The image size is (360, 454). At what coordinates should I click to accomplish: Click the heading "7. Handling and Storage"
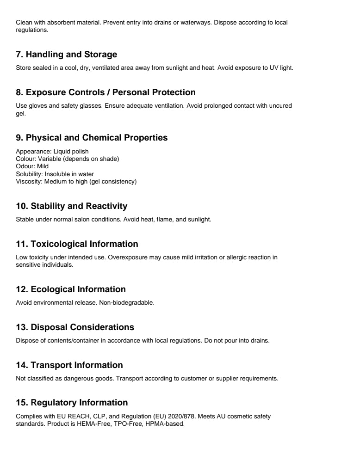(67, 55)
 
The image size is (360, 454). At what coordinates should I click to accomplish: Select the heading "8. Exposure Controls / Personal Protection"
(106, 92)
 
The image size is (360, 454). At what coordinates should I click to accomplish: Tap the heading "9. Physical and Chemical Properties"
(92, 138)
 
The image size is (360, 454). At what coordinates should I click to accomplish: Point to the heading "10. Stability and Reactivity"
(71, 206)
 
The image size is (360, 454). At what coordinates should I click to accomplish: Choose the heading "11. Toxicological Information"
(77, 244)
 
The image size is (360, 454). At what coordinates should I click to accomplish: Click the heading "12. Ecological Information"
(71, 289)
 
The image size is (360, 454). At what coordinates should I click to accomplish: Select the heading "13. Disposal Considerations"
(75, 327)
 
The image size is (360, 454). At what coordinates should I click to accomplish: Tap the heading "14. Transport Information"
(69, 365)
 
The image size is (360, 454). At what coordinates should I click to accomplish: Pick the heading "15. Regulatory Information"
(72, 403)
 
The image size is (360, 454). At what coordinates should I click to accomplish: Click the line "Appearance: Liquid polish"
(52, 151)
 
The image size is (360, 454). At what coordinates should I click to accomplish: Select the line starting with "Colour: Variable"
(68, 159)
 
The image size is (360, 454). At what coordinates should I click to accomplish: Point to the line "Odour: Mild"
(32, 166)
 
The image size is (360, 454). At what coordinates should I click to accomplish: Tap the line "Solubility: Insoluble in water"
(55, 174)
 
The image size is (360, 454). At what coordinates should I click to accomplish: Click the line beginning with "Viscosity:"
(76, 181)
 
